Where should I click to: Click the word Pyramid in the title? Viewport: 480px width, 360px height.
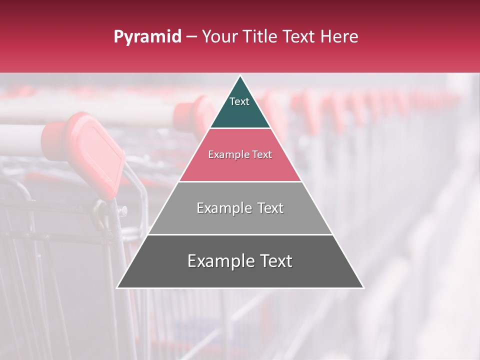coord(147,37)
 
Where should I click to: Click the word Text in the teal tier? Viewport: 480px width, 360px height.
coord(239,101)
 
